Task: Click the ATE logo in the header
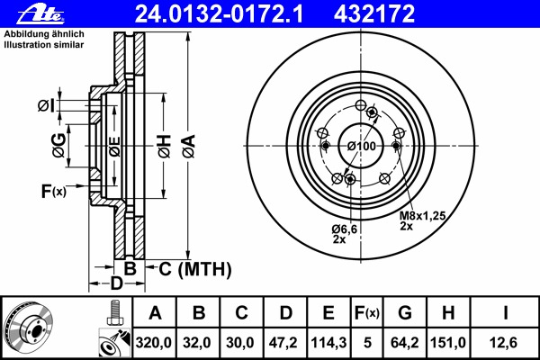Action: (40, 15)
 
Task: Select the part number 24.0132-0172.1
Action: (219, 14)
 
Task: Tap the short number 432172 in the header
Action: (374, 14)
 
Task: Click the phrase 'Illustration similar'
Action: (44, 45)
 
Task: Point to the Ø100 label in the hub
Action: (361, 146)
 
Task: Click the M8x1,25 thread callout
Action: (422, 216)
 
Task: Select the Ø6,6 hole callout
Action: (345, 229)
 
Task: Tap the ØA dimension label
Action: (189, 146)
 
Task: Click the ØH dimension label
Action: (165, 146)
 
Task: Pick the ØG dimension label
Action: (58, 146)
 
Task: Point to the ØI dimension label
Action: (46, 105)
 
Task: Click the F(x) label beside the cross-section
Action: (53, 191)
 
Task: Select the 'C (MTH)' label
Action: (194, 269)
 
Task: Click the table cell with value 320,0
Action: (154, 343)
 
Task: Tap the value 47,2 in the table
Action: (283, 343)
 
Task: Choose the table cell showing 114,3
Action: (328, 343)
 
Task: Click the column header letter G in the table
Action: (405, 313)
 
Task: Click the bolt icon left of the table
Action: (114, 312)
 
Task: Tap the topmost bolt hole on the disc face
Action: (361, 104)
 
